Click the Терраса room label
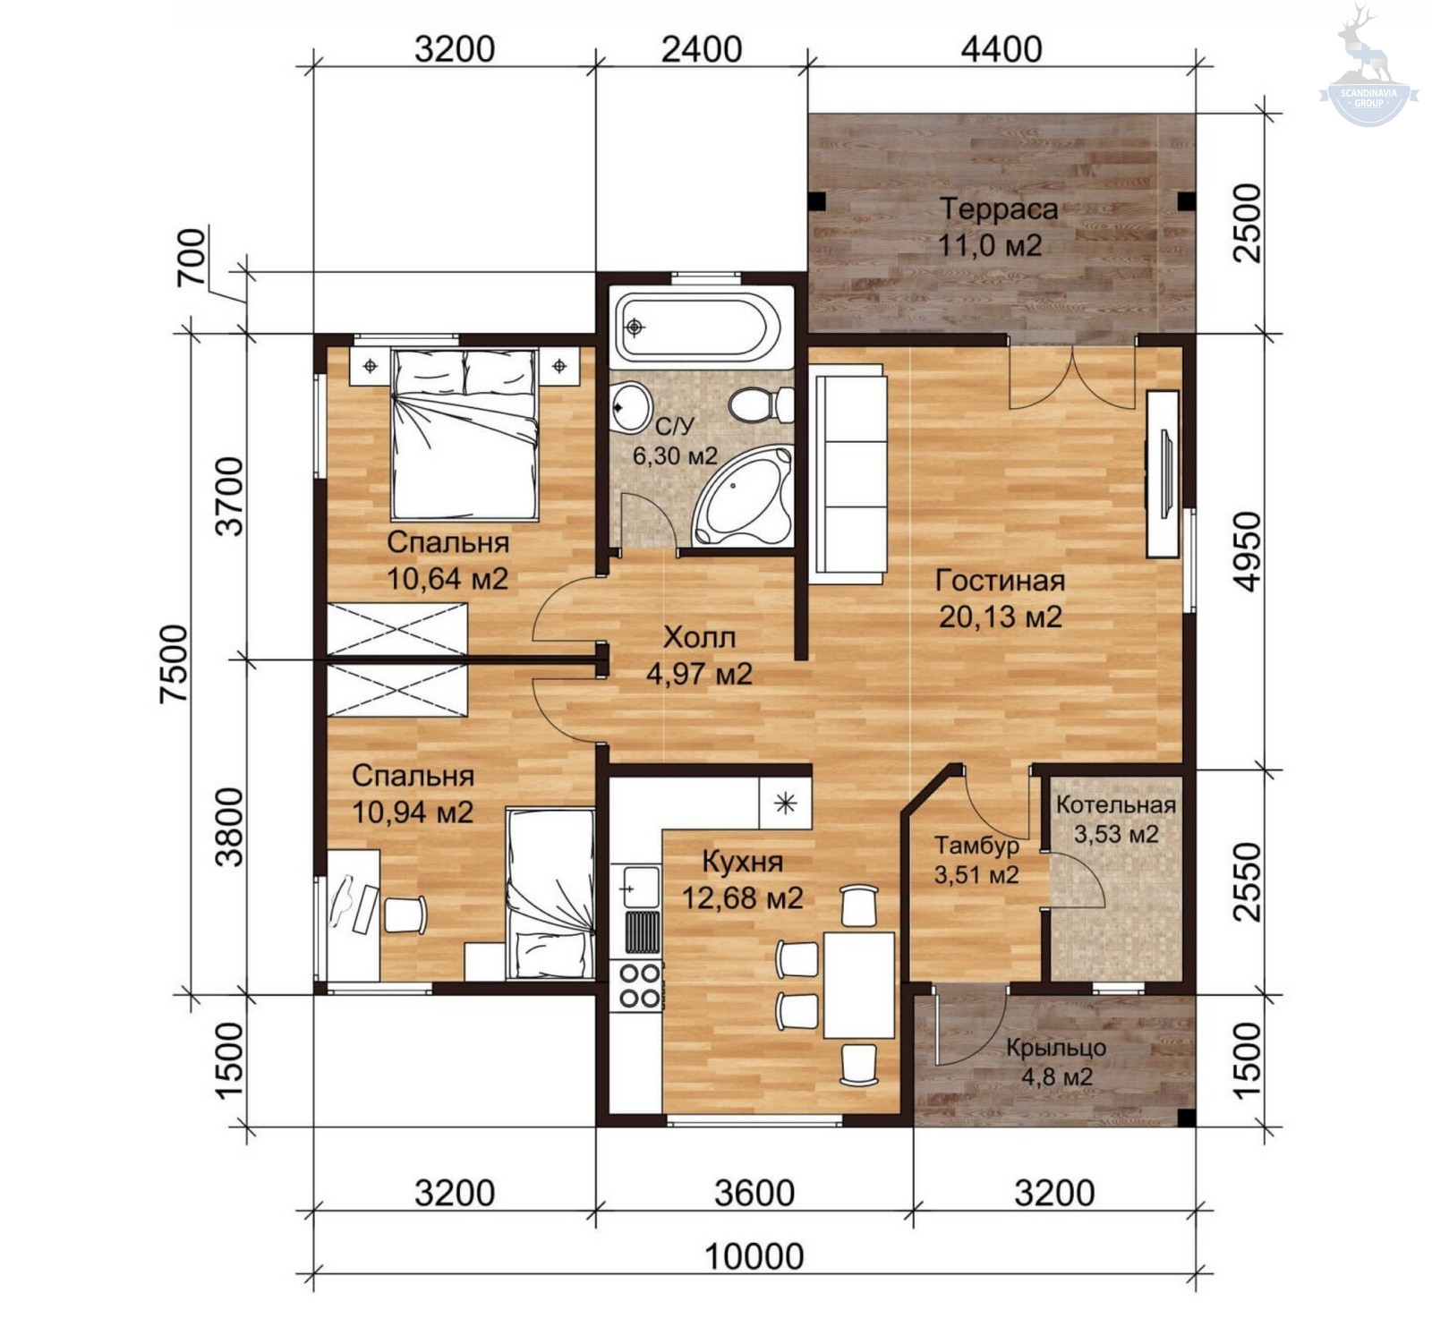pos(999,209)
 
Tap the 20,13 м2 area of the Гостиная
pos(1001,616)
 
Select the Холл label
pos(699,637)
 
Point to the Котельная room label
pos(1115,804)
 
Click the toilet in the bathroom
pos(761,404)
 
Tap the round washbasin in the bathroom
pos(631,407)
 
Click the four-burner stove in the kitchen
pos(635,985)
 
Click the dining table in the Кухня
pos(859,985)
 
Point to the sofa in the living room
pos(848,474)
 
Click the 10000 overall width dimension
pos(754,1256)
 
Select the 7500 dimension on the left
pos(175,663)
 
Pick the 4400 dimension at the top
pos(1002,48)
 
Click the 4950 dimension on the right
pos(1246,551)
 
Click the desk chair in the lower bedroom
pos(405,914)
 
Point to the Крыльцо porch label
pos(1056,1047)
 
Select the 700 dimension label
pos(192,258)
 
